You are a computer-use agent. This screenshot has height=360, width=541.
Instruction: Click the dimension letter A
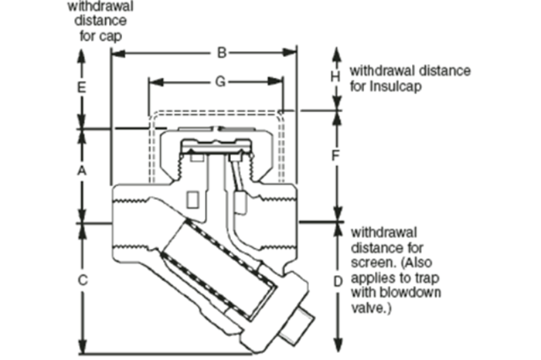[x=83, y=172]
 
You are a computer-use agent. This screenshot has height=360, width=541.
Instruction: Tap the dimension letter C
[x=83, y=280]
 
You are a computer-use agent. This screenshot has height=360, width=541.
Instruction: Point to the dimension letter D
[x=337, y=281]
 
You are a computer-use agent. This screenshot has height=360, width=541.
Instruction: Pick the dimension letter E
[x=82, y=88]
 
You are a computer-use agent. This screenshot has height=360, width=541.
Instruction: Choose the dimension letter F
[x=336, y=155]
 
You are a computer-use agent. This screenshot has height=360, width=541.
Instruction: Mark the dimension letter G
[x=220, y=81]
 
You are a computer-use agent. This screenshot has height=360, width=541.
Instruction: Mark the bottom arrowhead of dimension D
[x=337, y=347]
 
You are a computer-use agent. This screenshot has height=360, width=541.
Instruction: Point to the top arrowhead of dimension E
[x=82, y=53]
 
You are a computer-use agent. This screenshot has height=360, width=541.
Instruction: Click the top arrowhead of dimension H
[x=336, y=51]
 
